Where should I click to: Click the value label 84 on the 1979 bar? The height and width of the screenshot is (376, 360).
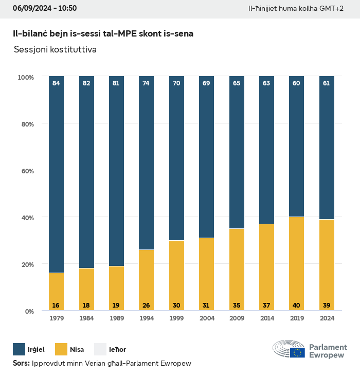[x=56, y=83]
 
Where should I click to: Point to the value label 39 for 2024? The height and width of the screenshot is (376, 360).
[x=327, y=306]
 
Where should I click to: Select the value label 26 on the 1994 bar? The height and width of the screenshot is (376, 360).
[x=146, y=306]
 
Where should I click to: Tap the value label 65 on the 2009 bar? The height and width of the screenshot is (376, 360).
[x=237, y=83]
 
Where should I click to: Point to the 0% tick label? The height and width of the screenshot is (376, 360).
[x=28, y=311]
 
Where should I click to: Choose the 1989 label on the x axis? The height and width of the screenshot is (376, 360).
[x=116, y=319]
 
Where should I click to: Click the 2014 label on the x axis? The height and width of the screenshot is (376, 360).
[x=266, y=319]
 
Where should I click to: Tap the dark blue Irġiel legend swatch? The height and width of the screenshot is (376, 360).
[x=19, y=349]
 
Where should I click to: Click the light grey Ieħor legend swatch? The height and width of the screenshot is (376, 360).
[x=100, y=349]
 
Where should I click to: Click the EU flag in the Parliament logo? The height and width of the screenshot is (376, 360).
[x=297, y=352]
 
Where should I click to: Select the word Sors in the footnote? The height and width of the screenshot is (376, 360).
[x=21, y=364]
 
